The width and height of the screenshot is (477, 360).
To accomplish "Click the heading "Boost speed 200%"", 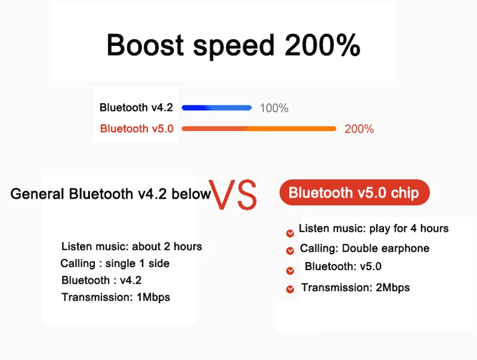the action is [x=233, y=45].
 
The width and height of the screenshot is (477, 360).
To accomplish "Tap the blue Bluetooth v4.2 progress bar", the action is [x=216, y=108].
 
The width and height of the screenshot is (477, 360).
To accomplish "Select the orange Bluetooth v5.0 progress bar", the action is [x=259, y=129].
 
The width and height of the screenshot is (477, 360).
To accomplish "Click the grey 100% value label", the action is [x=274, y=108].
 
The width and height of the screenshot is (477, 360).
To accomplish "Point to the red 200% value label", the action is [x=359, y=129].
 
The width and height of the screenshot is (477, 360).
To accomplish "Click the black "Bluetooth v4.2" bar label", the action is [x=136, y=107].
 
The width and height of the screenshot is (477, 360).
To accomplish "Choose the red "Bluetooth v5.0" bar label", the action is [x=137, y=129].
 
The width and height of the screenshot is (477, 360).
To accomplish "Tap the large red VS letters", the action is [x=233, y=194].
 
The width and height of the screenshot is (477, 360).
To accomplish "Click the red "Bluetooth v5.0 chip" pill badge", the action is [x=354, y=192].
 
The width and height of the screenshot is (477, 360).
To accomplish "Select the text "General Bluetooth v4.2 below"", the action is [x=110, y=194].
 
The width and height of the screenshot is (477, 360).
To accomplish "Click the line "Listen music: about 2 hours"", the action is [x=132, y=246].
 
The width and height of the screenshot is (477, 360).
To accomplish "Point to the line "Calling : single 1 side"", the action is [x=114, y=263].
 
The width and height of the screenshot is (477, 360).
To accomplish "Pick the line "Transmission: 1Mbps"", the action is [x=116, y=297].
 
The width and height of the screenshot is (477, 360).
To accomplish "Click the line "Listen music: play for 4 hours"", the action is [x=374, y=228].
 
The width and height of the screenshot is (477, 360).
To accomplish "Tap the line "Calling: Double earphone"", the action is [x=364, y=249].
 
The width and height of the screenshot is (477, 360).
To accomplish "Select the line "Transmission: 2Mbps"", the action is [x=355, y=287].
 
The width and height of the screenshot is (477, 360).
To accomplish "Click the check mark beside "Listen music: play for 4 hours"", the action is [x=290, y=233].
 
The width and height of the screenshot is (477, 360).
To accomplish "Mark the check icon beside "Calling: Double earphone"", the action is [x=290, y=251].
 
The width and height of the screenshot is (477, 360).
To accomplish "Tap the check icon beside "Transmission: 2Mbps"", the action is [x=290, y=289].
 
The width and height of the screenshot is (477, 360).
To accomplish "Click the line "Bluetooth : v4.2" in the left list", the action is [x=101, y=280].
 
